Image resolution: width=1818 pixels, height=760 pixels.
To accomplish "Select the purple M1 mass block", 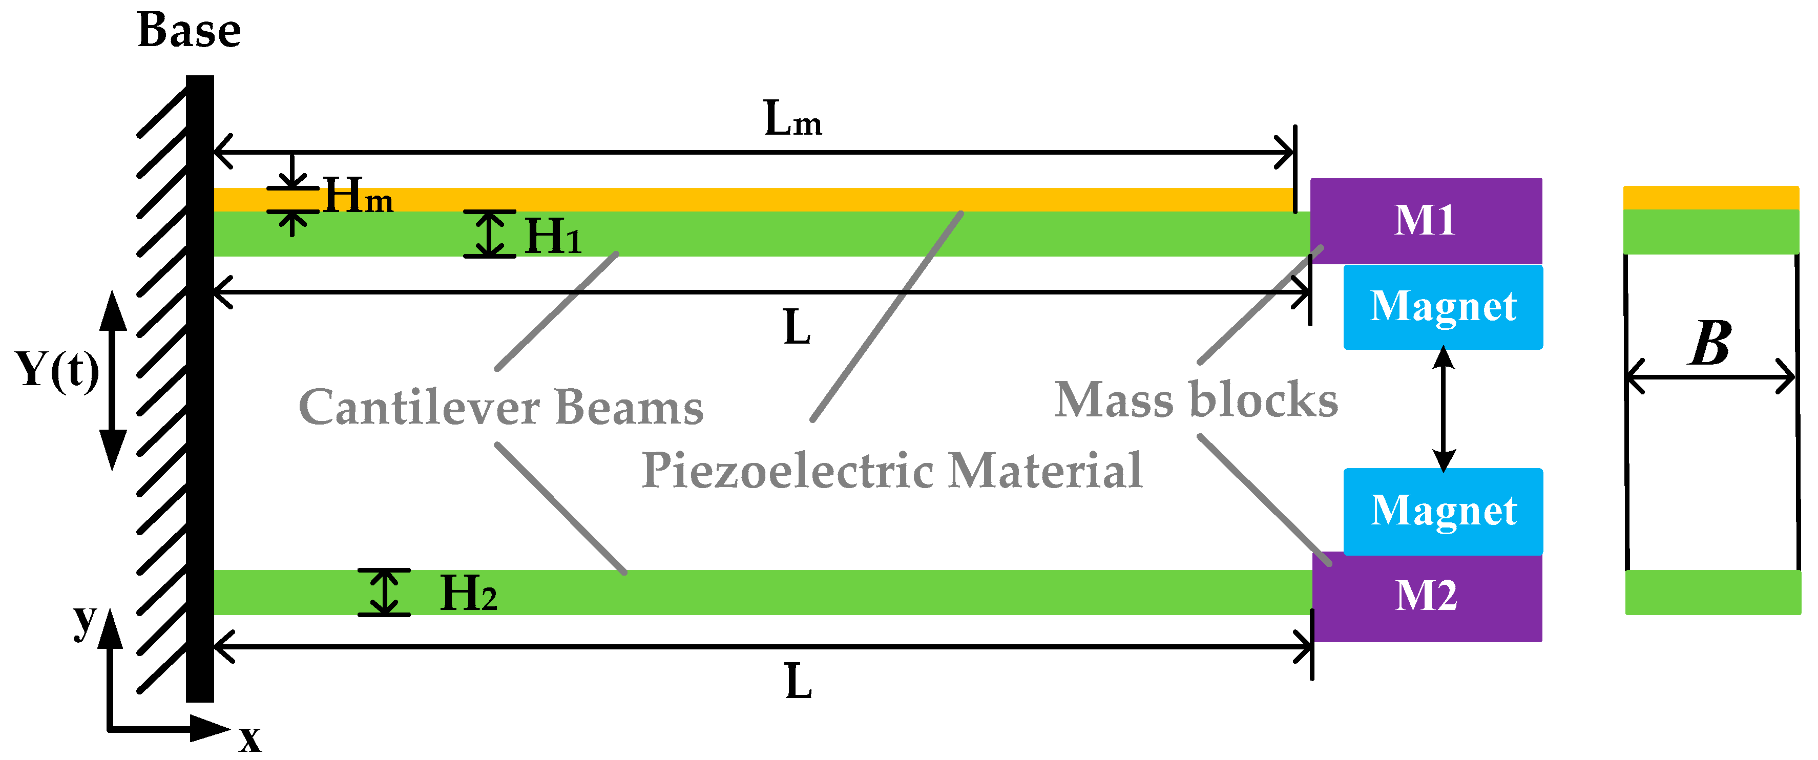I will [x=1426, y=220].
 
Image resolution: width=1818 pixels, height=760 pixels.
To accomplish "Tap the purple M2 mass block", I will [x=1426, y=596].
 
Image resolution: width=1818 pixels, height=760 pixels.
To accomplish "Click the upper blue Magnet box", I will [x=1443, y=307].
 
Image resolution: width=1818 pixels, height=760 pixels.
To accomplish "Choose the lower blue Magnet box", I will [x=1443, y=511].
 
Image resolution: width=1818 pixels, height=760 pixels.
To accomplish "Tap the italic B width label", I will [x=1710, y=344].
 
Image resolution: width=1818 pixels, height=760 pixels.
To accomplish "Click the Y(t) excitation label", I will [x=56, y=370].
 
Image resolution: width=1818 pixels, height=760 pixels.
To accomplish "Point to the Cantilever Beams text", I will [x=501, y=408].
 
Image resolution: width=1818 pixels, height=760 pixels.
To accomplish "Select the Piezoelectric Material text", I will [x=892, y=471].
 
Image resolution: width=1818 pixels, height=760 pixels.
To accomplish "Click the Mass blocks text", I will [x=1196, y=400].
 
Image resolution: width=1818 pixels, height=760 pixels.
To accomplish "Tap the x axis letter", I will [x=250, y=740].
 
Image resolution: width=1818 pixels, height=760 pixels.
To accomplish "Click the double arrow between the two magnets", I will [x=1444, y=409].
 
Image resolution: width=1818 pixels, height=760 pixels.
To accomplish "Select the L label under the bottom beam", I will [x=798, y=682].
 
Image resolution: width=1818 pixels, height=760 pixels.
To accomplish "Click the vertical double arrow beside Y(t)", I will [x=112, y=379].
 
